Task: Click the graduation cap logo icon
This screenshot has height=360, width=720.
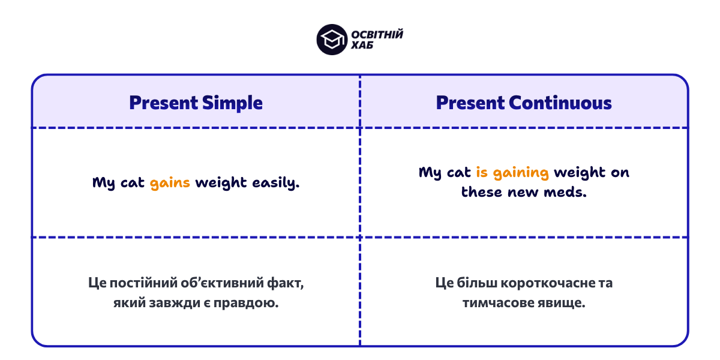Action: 332,40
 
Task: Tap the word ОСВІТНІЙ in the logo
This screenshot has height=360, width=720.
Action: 377,34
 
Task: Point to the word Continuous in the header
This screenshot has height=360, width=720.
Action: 560,103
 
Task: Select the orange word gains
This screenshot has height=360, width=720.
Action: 170,183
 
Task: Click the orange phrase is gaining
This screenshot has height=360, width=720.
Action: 512,173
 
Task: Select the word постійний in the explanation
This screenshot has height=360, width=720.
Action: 140,283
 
